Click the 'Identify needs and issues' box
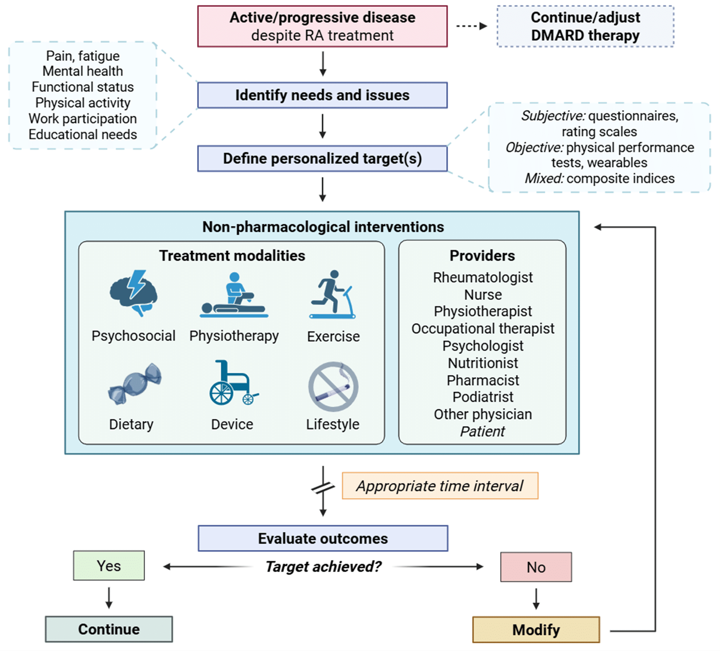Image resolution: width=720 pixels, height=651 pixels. coord(322,95)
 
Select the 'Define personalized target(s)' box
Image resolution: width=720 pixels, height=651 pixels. coord(322,158)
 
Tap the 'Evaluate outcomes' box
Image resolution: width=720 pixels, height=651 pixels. coord(323,538)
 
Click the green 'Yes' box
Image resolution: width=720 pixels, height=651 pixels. coord(109,566)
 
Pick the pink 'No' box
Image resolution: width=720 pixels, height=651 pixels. coord(536,567)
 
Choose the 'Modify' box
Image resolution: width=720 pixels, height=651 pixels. coord(536,630)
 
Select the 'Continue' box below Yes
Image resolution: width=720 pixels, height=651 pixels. coord(109,629)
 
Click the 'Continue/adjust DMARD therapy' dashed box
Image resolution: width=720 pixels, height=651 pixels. coord(586,26)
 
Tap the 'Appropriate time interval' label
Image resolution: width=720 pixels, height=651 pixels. coord(440,486)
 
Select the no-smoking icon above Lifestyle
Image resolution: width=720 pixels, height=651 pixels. coord(333,386)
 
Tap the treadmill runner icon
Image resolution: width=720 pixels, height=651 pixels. coord(333,294)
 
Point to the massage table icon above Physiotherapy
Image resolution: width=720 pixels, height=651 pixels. coord(234,295)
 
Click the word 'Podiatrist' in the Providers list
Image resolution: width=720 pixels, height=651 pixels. coord(483,397)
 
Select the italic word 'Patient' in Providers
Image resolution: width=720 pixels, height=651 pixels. coord(482,432)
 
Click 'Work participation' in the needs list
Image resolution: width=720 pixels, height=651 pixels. coord(83,119)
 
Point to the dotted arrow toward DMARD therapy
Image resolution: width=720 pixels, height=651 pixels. coord(472,26)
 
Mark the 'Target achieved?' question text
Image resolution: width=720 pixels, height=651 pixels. coord(323,567)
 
